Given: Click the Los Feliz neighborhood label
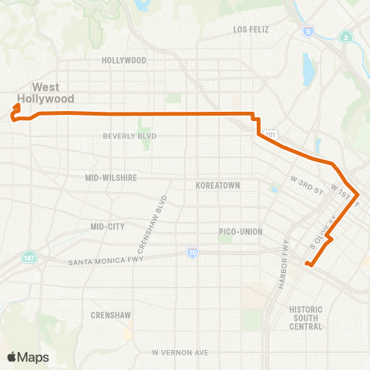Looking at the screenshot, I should pos(254,29).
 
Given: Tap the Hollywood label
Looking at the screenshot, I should pos(124,60).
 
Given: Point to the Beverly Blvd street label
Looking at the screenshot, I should pos(130,136).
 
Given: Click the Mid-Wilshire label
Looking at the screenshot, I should pos(111,177).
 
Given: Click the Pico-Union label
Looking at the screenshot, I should pos(241,231).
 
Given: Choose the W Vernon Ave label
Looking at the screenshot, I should pos(180,352).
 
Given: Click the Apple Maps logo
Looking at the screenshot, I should pos(28,357).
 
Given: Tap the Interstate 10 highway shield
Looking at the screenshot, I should pos(191,252).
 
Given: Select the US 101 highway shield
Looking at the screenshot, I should pos(270,135).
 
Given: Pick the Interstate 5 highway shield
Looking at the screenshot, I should pos(308,32).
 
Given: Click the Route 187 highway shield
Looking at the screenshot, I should pos(29,256).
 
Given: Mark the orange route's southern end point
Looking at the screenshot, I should pos(308,265).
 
